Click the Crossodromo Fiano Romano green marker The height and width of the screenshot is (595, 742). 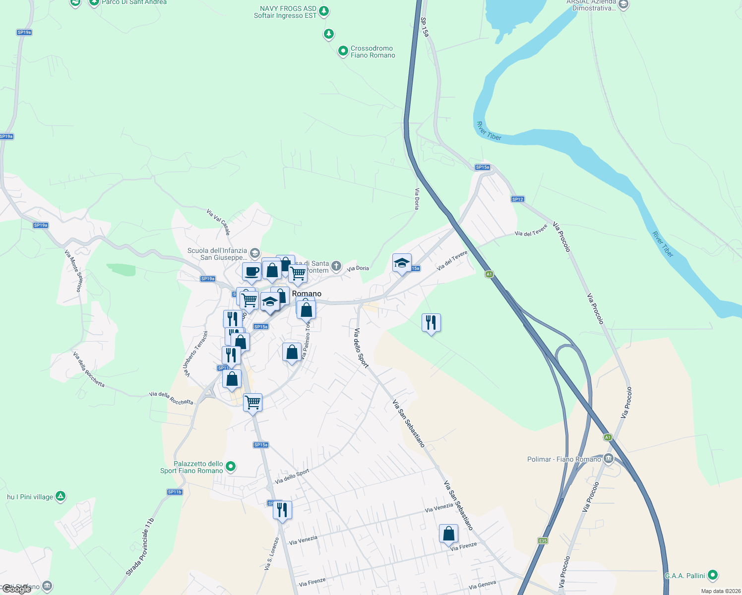coord(343,51)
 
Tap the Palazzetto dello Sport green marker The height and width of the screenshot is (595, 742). coord(230,467)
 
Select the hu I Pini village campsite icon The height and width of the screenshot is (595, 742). coord(60,496)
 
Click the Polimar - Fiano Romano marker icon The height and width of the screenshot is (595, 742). coord(609,459)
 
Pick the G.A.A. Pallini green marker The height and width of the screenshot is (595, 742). coord(713,575)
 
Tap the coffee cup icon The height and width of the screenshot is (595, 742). coord(251,272)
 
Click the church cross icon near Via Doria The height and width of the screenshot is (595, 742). coord(336,266)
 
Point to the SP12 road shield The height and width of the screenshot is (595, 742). coord(517,199)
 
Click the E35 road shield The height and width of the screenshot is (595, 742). coord(543,540)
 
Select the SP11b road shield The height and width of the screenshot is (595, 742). coord(175,492)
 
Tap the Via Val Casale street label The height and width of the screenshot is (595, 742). coord(218,222)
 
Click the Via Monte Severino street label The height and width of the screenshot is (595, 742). coord(73,270)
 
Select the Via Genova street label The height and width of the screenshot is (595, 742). coord(482,585)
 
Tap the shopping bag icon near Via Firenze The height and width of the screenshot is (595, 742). coord(448,534)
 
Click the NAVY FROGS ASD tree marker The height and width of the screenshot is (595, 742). coord(324,10)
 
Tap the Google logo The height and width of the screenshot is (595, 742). coord(16,589)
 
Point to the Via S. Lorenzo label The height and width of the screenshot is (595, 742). coord(272,553)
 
